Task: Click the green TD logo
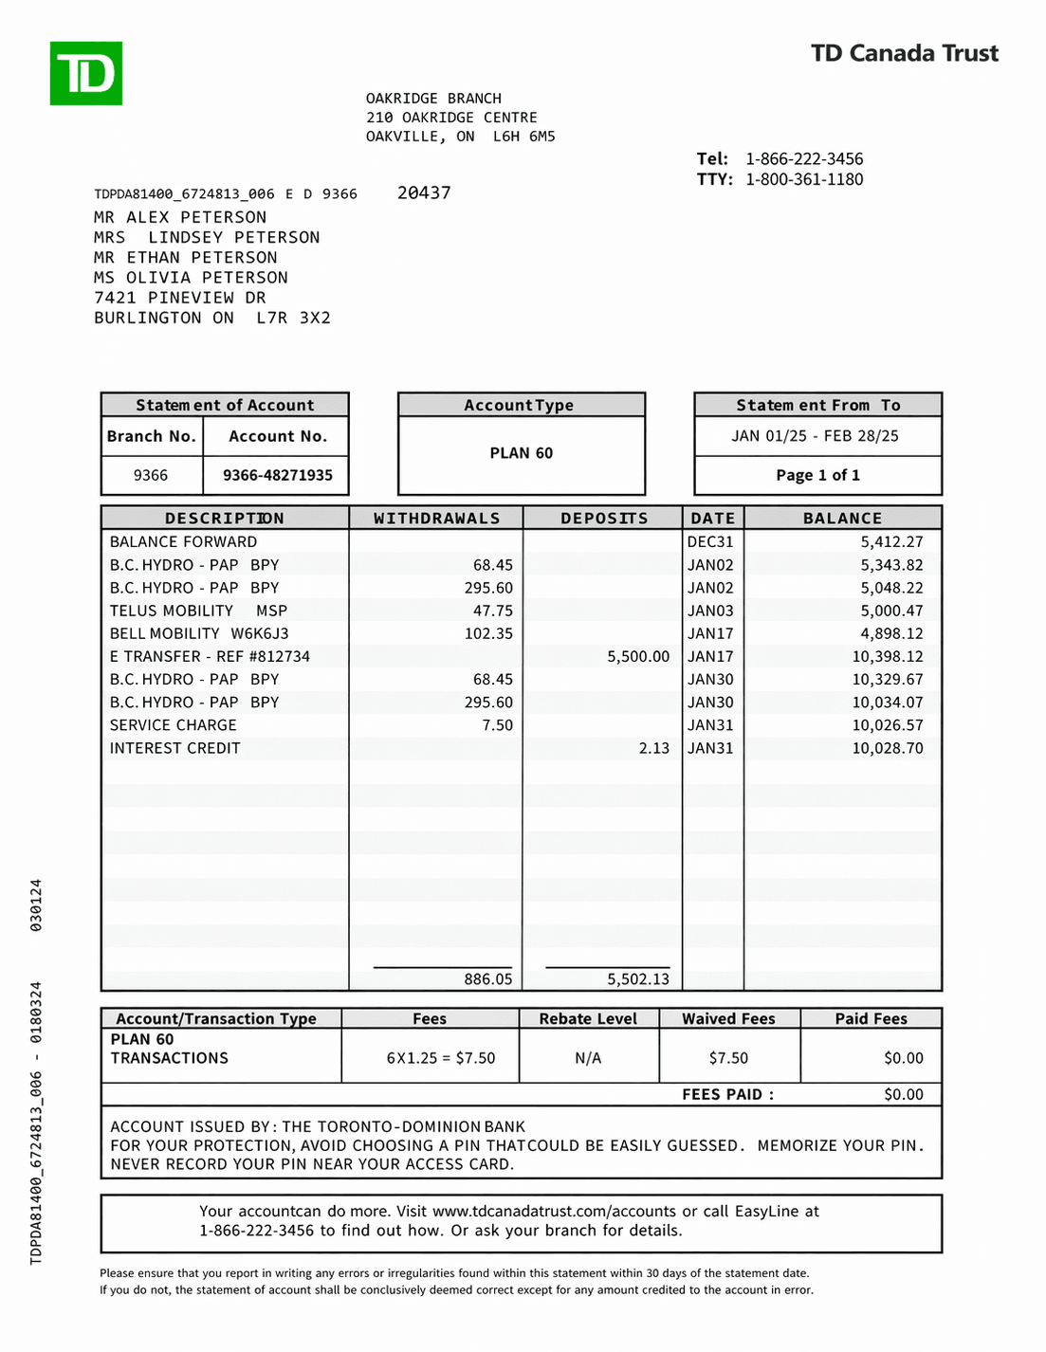(86, 73)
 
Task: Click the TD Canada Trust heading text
(904, 53)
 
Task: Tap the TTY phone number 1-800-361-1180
(803, 179)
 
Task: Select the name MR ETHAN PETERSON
(186, 258)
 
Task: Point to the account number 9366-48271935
(277, 475)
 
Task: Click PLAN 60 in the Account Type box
(521, 453)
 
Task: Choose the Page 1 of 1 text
(817, 475)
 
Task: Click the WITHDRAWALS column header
(436, 519)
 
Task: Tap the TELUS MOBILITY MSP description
(198, 611)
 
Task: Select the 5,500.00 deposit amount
(638, 656)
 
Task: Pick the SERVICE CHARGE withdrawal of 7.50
(497, 725)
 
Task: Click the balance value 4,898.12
(891, 633)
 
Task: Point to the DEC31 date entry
(710, 542)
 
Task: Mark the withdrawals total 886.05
(487, 979)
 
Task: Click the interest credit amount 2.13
(653, 748)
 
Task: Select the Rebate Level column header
(588, 1018)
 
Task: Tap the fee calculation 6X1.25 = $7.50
(440, 1058)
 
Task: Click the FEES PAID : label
(727, 1094)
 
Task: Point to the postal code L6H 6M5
(523, 137)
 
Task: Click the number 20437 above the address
(424, 192)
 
